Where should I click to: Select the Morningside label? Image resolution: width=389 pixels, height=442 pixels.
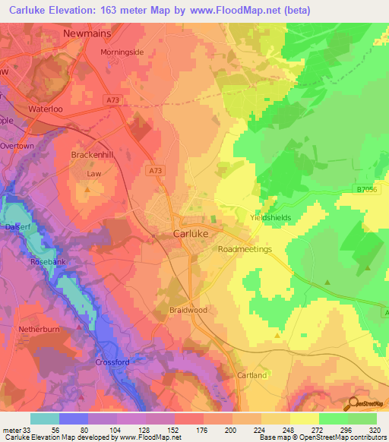coord(122,52)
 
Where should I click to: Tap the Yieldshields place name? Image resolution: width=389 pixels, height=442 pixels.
coord(270,217)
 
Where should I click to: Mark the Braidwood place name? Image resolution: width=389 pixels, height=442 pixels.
coord(188,311)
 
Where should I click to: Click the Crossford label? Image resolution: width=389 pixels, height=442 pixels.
coord(115,362)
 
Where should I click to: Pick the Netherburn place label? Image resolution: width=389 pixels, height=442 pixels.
coord(26,332)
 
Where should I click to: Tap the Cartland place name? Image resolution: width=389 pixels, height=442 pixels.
coord(251,375)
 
